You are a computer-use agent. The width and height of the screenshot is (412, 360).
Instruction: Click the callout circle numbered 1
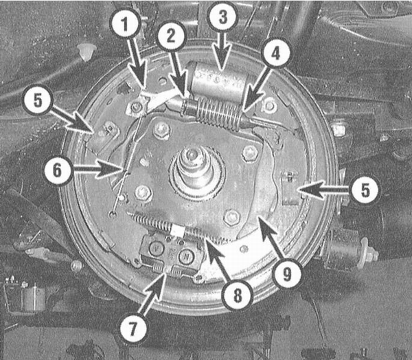pos(125,24)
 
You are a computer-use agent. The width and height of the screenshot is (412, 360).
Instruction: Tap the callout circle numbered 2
pos(171,36)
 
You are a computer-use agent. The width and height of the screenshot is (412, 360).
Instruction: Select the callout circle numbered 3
pos(222,16)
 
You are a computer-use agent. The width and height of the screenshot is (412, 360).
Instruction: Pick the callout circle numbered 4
pos(275,54)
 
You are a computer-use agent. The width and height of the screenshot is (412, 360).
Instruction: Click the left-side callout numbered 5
pos(38,100)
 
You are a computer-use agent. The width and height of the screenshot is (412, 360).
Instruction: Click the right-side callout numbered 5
pos(365,190)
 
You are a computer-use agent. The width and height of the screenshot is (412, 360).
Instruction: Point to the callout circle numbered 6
pos(57,170)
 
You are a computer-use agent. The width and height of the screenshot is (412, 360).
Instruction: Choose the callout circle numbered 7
pos(133,328)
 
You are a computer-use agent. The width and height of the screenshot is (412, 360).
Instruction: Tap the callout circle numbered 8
pos(238,295)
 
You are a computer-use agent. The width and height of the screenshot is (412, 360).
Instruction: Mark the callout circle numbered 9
pos(287,274)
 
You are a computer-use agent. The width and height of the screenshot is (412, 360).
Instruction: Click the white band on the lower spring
pos(178,231)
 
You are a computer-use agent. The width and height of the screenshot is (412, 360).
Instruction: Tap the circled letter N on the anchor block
pos(186,256)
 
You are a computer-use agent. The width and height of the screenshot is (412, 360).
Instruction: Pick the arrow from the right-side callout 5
pos(325,190)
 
